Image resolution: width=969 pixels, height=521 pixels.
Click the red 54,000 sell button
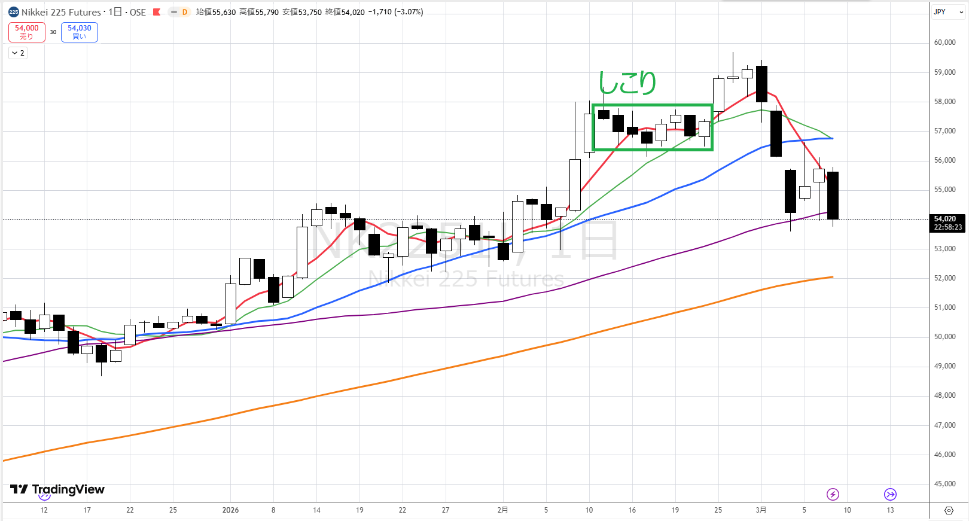(x=27, y=32)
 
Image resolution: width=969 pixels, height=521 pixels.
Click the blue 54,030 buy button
(x=80, y=32)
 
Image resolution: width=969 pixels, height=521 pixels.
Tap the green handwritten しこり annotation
(x=627, y=83)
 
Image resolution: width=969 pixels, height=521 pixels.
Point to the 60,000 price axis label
(x=944, y=42)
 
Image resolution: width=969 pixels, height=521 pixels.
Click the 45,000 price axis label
(x=944, y=484)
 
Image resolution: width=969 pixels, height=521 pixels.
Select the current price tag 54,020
(x=947, y=223)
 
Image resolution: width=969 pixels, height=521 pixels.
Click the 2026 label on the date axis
(x=230, y=510)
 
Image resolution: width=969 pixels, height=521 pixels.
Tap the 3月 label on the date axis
(x=761, y=510)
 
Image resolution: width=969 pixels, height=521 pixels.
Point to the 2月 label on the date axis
(x=502, y=510)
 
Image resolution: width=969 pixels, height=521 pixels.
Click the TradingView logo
(x=57, y=489)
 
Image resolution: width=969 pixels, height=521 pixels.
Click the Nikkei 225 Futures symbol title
(x=61, y=12)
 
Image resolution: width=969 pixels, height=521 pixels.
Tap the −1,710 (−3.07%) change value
(x=395, y=12)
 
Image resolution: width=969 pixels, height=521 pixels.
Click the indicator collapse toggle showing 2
(x=18, y=53)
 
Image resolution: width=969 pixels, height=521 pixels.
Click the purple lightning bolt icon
(x=833, y=494)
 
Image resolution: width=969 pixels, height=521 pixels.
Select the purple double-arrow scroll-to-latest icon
(x=890, y=494)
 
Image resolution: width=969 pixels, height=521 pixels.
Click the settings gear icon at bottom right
(x=949, y=510)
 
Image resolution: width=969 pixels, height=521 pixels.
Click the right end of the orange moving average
(x=832, y=277)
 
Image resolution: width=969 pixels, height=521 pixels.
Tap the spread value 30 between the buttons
(x=53, y=32)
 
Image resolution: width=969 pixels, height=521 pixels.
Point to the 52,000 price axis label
(x=944, y=278)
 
